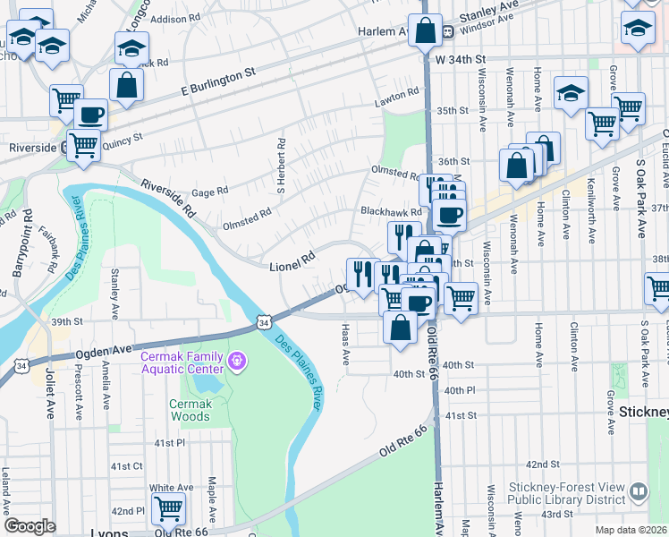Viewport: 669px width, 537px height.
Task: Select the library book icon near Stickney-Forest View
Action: (639, 491)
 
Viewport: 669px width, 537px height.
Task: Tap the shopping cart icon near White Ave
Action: (168, 508)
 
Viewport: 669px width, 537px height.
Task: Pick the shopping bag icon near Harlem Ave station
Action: (426, 30)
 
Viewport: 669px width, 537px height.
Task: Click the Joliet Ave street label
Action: (50, 396)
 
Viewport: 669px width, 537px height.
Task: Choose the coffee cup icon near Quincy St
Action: (89, 115)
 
